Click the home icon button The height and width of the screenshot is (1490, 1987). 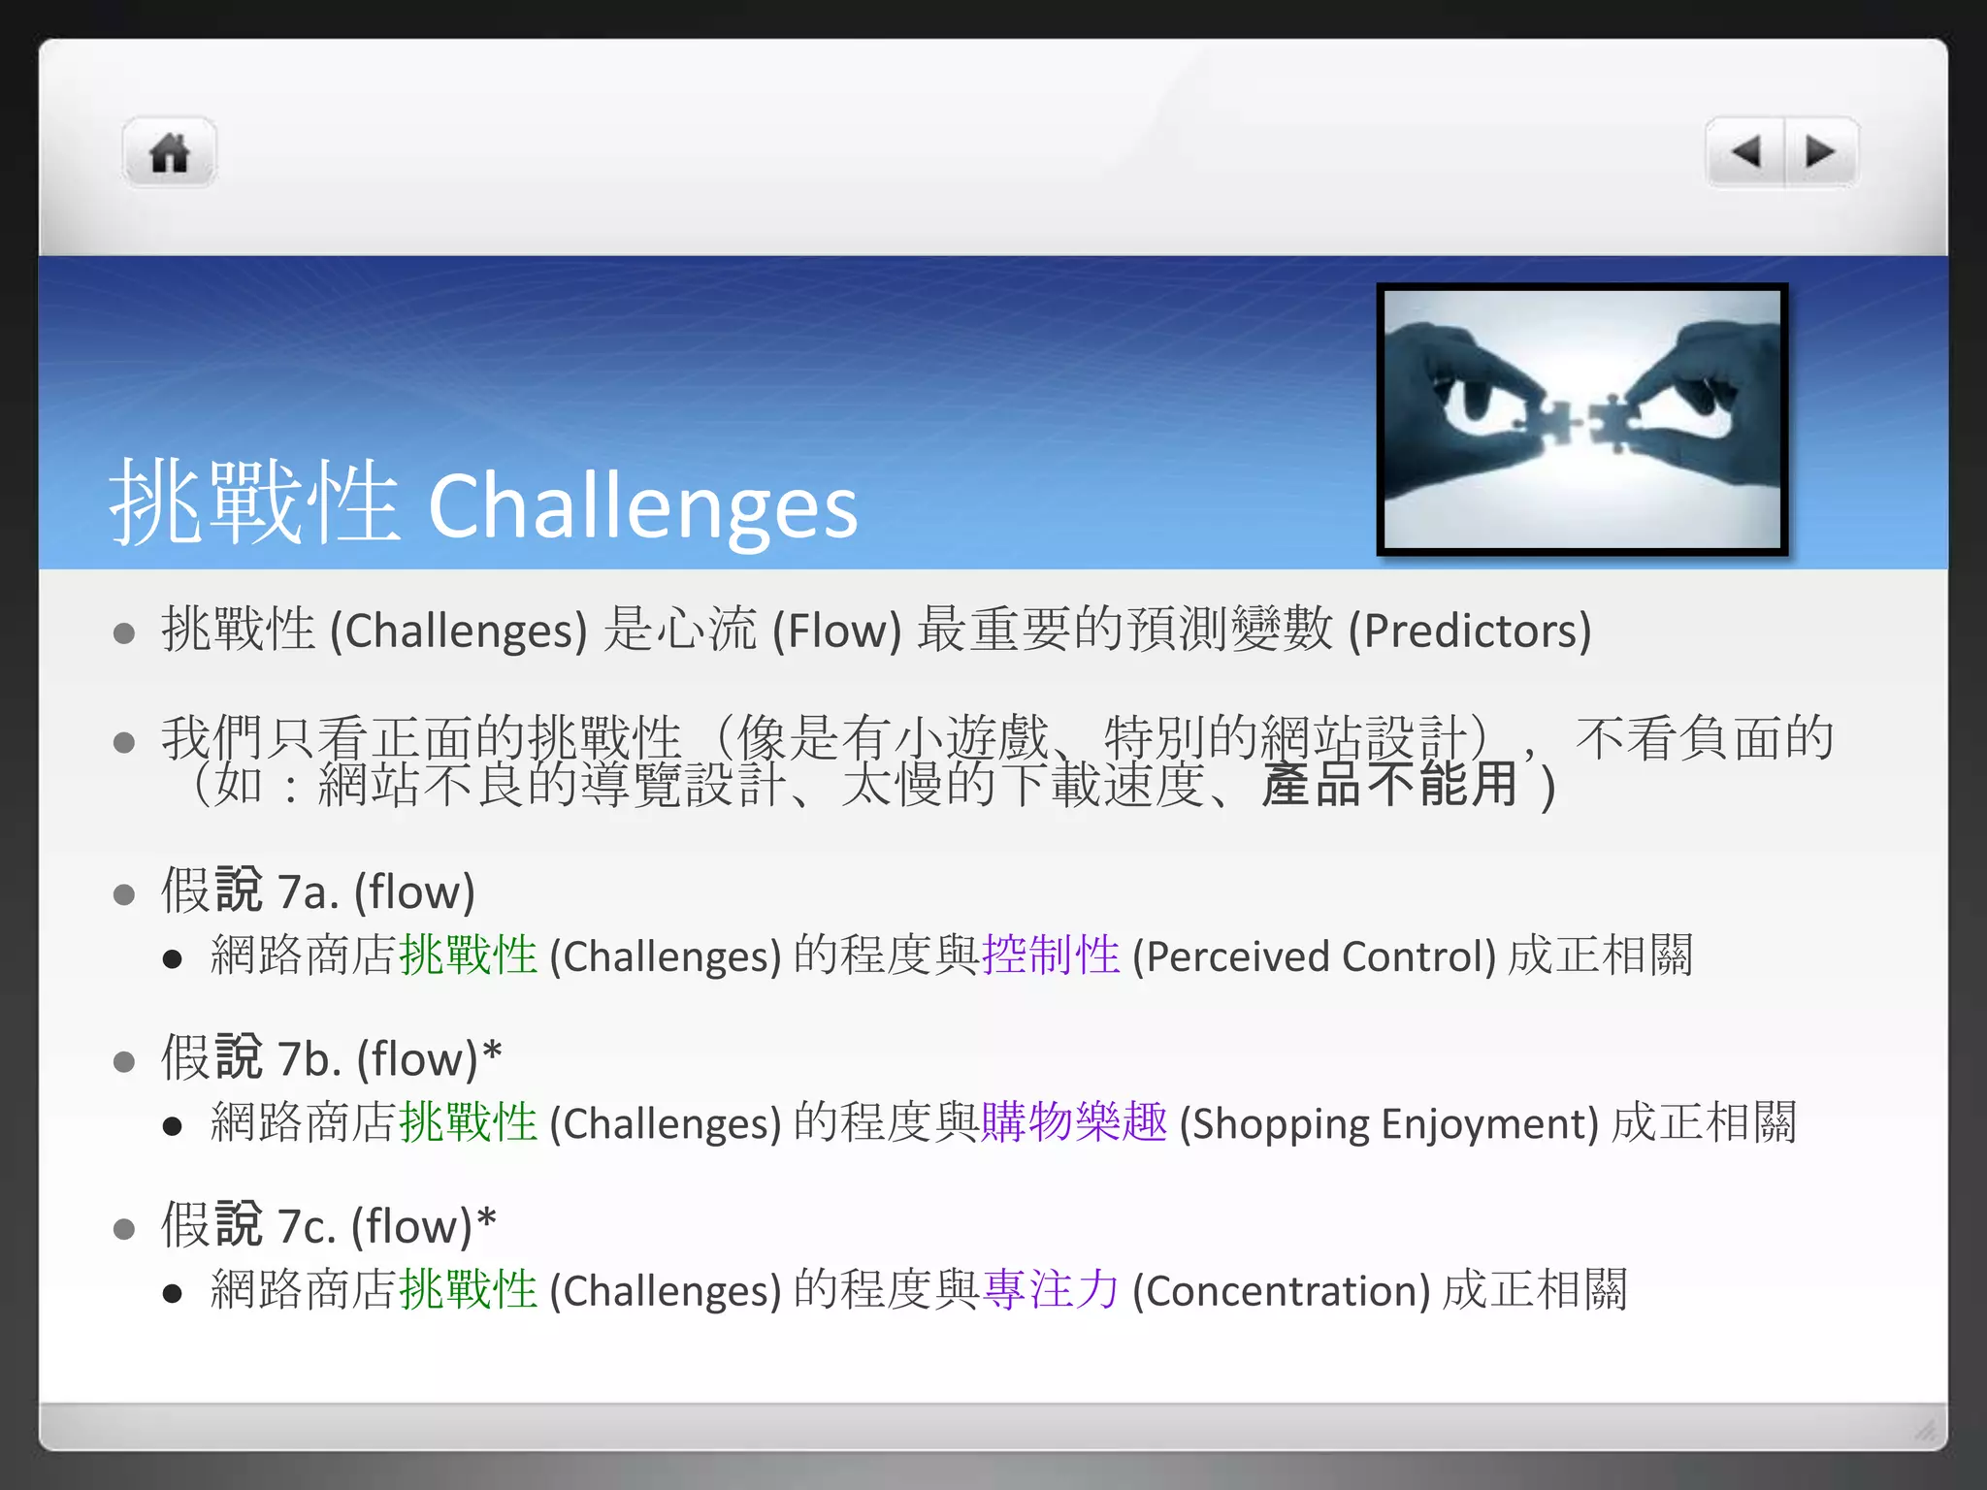point(169,152)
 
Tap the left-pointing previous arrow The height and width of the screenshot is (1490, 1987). point(1745,151)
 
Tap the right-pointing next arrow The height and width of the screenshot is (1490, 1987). point(1820,151)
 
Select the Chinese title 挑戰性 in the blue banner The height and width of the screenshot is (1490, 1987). point(255,502)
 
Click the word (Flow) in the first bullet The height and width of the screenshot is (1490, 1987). point(836,631)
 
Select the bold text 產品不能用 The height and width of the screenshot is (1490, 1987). point(1389,785)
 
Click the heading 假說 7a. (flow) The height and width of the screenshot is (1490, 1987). point(318,891)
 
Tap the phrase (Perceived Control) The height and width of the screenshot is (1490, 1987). point(1315,956)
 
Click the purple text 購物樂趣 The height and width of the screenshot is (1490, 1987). point(1074,1122)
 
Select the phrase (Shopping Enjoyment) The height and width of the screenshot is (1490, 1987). point(1388,1123)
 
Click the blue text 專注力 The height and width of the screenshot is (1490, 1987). point(1051,1290)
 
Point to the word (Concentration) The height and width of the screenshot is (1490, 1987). point(1281,1291)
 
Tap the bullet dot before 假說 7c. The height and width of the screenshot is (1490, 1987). point(123,1229)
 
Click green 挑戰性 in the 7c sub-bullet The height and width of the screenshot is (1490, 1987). point(469,1290)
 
